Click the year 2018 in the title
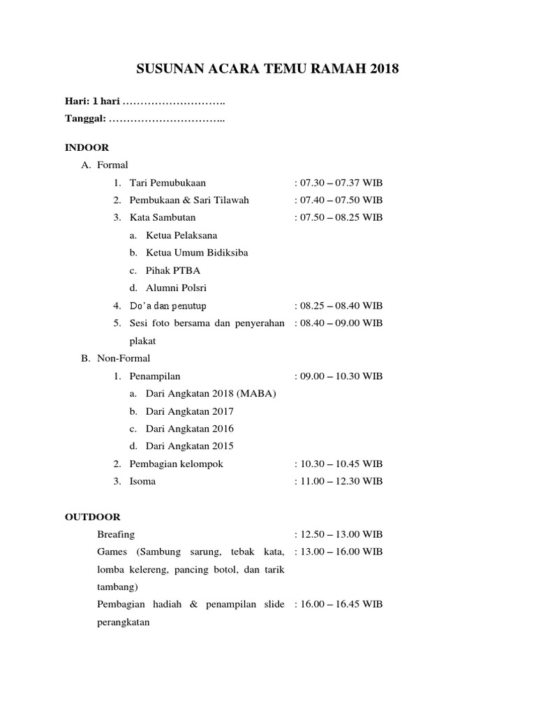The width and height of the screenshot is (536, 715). (x=386, y=68)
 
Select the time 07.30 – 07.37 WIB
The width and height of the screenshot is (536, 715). (x=339, y=183)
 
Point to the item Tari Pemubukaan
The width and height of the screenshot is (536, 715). (x=167, y=183)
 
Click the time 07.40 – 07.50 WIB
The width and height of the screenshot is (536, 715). (x=339, y=200)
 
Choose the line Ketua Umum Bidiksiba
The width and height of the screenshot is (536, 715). (x=197, y=253)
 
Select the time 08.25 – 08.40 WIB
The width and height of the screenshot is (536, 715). (x=339, y=306)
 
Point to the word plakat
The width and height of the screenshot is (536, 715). (x=142, y=341)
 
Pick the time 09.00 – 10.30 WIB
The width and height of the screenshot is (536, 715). (x=339, y=376)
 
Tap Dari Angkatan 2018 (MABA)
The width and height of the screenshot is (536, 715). (x=211, y=394)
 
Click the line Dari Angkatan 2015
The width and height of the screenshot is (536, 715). (x=190, y=446)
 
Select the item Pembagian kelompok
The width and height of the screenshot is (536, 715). (x=177, y=464)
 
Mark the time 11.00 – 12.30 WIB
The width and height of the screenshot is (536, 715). (x=339, y=481)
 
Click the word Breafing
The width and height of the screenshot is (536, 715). (x=117, y=534)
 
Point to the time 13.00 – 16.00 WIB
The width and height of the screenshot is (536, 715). (x=339, y=552)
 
